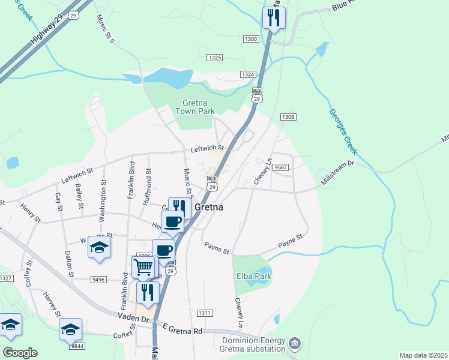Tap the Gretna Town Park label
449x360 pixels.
(194, 106)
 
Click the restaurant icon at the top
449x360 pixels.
(274, 19)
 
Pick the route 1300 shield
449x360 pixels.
(251, 39)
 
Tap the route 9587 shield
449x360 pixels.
(280, 167)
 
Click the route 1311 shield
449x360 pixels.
(205, 313)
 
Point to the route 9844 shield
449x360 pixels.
(76, 346)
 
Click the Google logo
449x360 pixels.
(20, 353)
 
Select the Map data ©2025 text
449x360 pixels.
(423, 355)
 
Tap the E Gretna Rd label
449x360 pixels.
(182, 329)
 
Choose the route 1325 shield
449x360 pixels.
(214, 58)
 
